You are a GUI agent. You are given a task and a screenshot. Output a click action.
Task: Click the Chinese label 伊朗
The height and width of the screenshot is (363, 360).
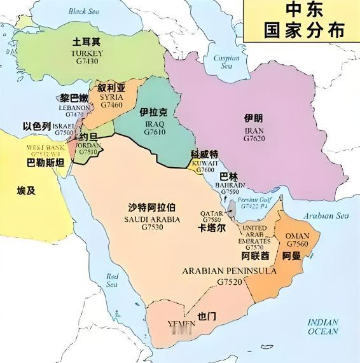(x=253, y=118)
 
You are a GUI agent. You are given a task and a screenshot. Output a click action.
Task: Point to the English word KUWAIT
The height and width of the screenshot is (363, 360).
(x=205, y=163)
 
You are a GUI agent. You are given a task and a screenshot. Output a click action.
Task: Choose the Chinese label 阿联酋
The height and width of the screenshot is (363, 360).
(x=255, y=256)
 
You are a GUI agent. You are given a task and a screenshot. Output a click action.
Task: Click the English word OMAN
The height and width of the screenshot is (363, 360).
(x=298, y=235)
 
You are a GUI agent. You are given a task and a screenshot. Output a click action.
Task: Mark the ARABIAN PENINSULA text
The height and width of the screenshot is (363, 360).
(x=229, y=271)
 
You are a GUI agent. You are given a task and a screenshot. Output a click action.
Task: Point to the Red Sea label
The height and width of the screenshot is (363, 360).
(x=113, y=280)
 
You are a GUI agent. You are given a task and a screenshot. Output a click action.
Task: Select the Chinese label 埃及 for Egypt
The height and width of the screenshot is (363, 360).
(x=27, y=190)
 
